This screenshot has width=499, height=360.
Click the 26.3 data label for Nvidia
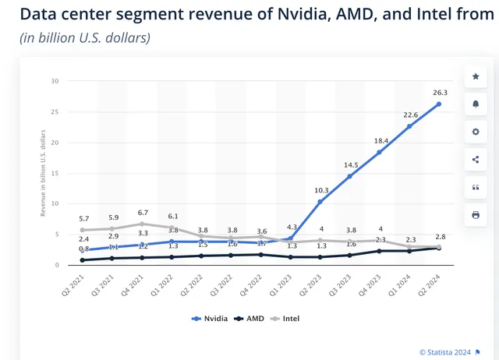[439, 91]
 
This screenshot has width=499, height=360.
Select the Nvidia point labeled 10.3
[319, 202]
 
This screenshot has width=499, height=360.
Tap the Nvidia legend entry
[211, 318]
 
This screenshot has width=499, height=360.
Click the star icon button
[476, 76]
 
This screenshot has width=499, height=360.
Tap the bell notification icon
[476, 104]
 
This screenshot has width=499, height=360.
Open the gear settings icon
[476, 132]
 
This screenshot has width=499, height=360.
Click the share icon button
[476, 160]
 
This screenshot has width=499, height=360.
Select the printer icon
[476, 214]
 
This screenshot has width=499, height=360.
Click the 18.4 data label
[379, 140]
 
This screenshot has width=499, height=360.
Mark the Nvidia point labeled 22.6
[409, 126]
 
